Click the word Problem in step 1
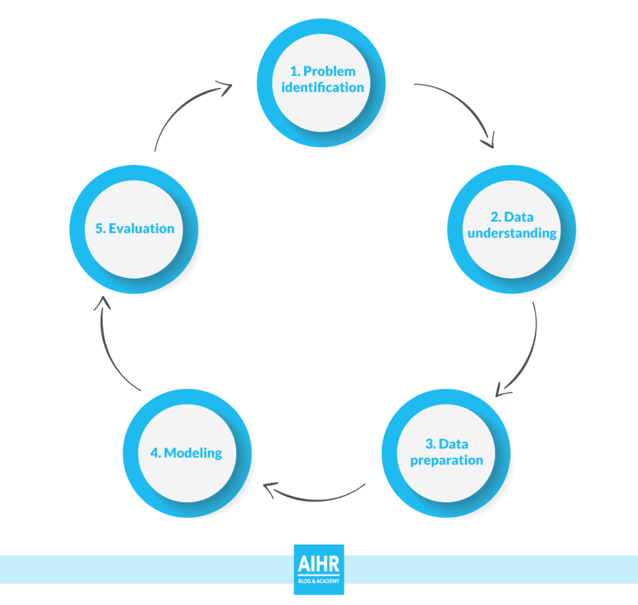pos(330,72)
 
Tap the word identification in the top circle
pos(323,87)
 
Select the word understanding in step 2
pos(512,233)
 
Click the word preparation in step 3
pos(447,460)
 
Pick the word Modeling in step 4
pos(194,452)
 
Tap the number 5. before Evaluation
pos(100,228)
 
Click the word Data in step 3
pos(454,444)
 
